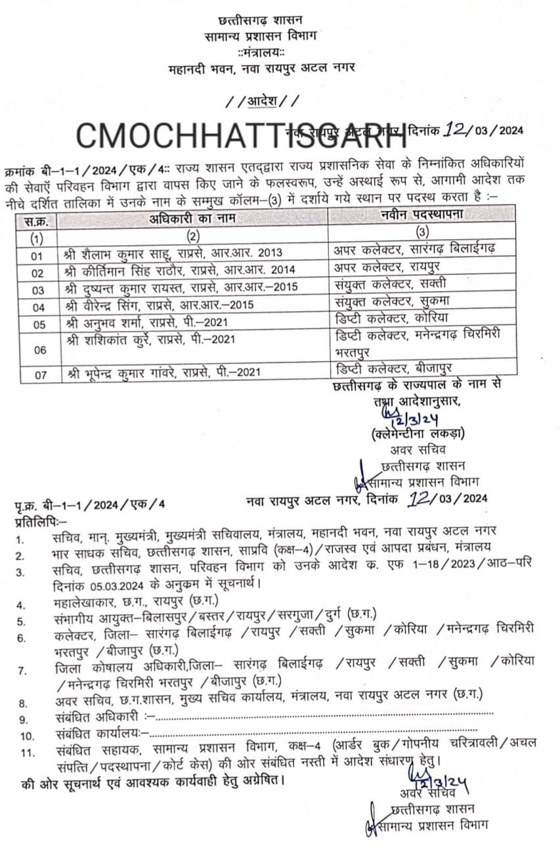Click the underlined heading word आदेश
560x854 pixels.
tap(263, 101)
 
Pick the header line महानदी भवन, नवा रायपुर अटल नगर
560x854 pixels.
tap(262, 67)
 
